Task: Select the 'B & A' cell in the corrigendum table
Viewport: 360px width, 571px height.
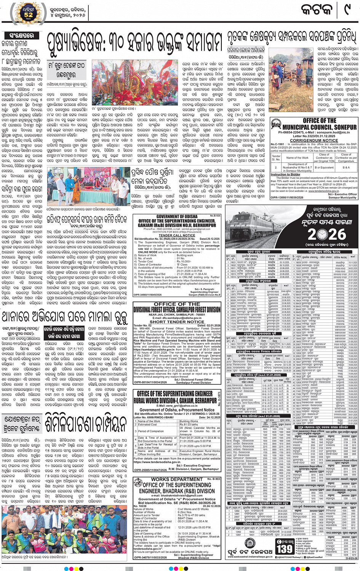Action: pos(346,167)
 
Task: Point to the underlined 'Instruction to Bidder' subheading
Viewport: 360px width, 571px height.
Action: pos(285,175)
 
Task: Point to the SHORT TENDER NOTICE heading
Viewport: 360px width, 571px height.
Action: pos(177,322)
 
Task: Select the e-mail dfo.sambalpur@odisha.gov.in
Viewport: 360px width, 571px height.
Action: pos(177,318)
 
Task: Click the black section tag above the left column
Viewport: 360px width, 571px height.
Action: pos(20,35)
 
